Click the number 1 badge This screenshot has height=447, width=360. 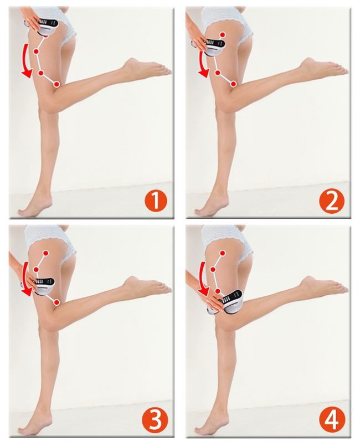point(156,201)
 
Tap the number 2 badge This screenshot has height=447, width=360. point(332,201)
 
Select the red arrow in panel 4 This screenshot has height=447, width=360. point(204,279)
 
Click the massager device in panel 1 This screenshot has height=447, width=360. point(42,27)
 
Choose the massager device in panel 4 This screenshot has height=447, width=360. point(226,302)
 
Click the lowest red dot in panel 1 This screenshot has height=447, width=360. point(56,84)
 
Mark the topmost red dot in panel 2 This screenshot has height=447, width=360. point(222,35)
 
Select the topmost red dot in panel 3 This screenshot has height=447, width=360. point(45,253)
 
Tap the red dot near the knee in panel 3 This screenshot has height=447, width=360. point(56,302)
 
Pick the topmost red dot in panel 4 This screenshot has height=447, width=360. point(222,253)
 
